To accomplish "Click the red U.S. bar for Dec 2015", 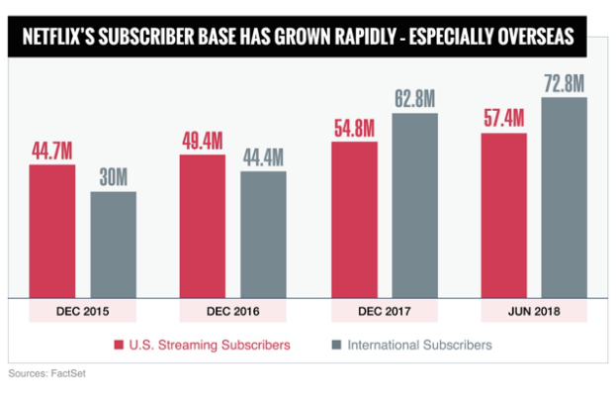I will click(x=51, y=231).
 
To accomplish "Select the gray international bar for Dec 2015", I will click(x=113, y=244).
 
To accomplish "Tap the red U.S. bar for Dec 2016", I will click(x=203, y=226).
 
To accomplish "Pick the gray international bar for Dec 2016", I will click(x=263, y=234).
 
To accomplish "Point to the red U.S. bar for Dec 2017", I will click(x=354, y=219).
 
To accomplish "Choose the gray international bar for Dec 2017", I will click(x=415, y=205).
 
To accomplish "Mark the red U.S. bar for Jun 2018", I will click(x=503, y=215).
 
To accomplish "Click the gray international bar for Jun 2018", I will click(x=565, y=197).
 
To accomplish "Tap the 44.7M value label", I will click(x=51, y=152).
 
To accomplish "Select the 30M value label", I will click(x=113, y=178).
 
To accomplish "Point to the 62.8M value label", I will click(x=415, y=99).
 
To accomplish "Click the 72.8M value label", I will click(x=565, y=83).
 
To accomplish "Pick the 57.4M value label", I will click(x=503, y=119).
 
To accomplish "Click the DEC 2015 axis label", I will click(x=82, y=312).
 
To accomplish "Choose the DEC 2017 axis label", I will click(x=384, y=312).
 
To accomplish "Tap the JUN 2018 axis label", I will click(x=534, y=312).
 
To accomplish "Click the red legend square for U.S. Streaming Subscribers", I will click(x=118, y=346).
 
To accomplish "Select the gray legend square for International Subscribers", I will click(x=335, y=346).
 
